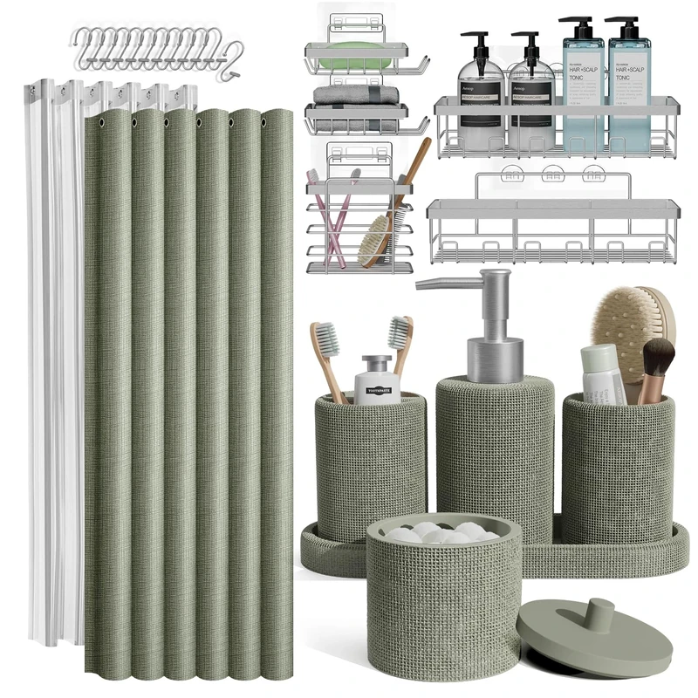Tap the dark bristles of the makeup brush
658,357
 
